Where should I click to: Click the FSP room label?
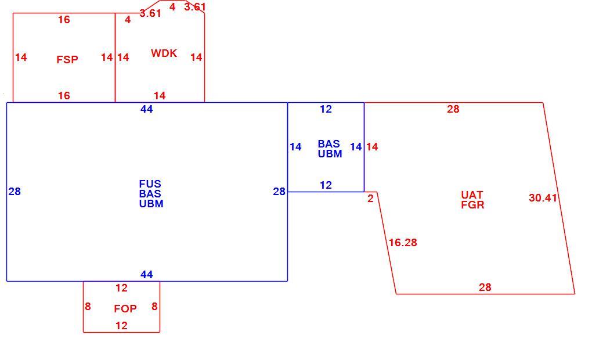coord(67,60)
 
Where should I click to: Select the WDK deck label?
coord(164,53)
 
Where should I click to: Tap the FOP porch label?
coord(125,309)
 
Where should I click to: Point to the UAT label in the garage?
coord(472,195)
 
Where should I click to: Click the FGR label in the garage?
coord(472,205)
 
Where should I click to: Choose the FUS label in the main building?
coord(150,184)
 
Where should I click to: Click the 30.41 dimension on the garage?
coord(543,197)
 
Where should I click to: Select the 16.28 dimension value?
coord(403,243)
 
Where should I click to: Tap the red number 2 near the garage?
coord(370,199)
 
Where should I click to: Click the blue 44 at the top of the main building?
coord(146,109)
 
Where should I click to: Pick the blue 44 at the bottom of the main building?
coord(146,275)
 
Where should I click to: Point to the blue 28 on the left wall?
coord(15,192)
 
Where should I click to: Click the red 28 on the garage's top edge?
coord(453,109)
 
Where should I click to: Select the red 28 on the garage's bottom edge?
coord(485,287)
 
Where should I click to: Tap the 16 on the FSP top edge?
coord(64,20)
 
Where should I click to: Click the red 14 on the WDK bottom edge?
coord(160,96)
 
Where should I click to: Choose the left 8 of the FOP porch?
coord(88,307)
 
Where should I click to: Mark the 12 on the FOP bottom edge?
coord(121,326)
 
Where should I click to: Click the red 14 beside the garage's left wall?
coord(372,146)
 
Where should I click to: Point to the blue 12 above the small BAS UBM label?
coord(326,109)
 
